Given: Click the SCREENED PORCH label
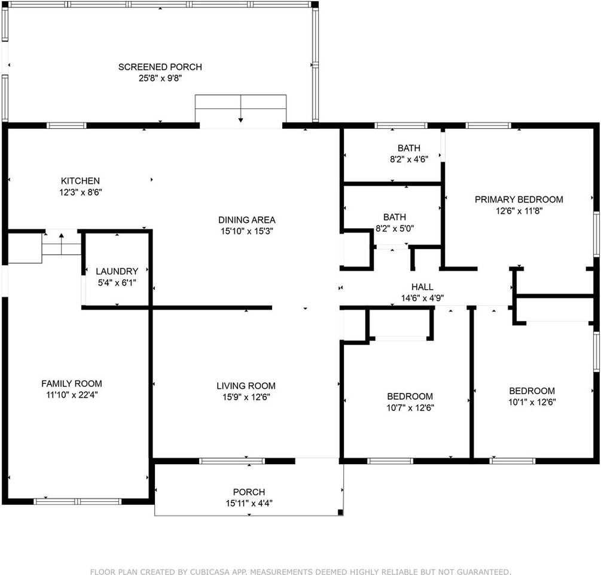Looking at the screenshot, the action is click(x=160, y=67).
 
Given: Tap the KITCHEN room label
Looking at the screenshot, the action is click(x=80, y=181).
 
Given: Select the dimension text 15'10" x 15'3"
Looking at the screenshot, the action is click(x=246, y=231).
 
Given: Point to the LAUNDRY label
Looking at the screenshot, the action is click(x=117, y=271).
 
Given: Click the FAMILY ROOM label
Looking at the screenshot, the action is click(x=72, y=383).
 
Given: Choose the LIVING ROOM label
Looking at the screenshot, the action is click(x=246, y=386).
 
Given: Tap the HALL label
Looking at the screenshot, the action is click(x=422, y=287).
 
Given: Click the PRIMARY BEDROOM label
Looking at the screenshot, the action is click(x=519, y=199).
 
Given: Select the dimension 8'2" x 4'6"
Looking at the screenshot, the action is click(x=409, y=159).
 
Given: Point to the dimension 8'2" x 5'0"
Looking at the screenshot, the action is click(x=395, y=228).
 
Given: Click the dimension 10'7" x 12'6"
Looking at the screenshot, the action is click(x=410, y=408).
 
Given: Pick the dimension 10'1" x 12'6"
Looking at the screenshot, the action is click(x=532, y=402).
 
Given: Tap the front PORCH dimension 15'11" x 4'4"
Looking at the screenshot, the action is click(x=249, y=503).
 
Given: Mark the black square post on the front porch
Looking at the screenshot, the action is click(x=340, y=512).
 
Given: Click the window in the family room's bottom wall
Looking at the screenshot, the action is click(x=78, y=501).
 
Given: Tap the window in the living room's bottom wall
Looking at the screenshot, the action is click(x=232, y=461).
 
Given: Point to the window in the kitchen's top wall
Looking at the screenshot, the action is click(x=67, y=126).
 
